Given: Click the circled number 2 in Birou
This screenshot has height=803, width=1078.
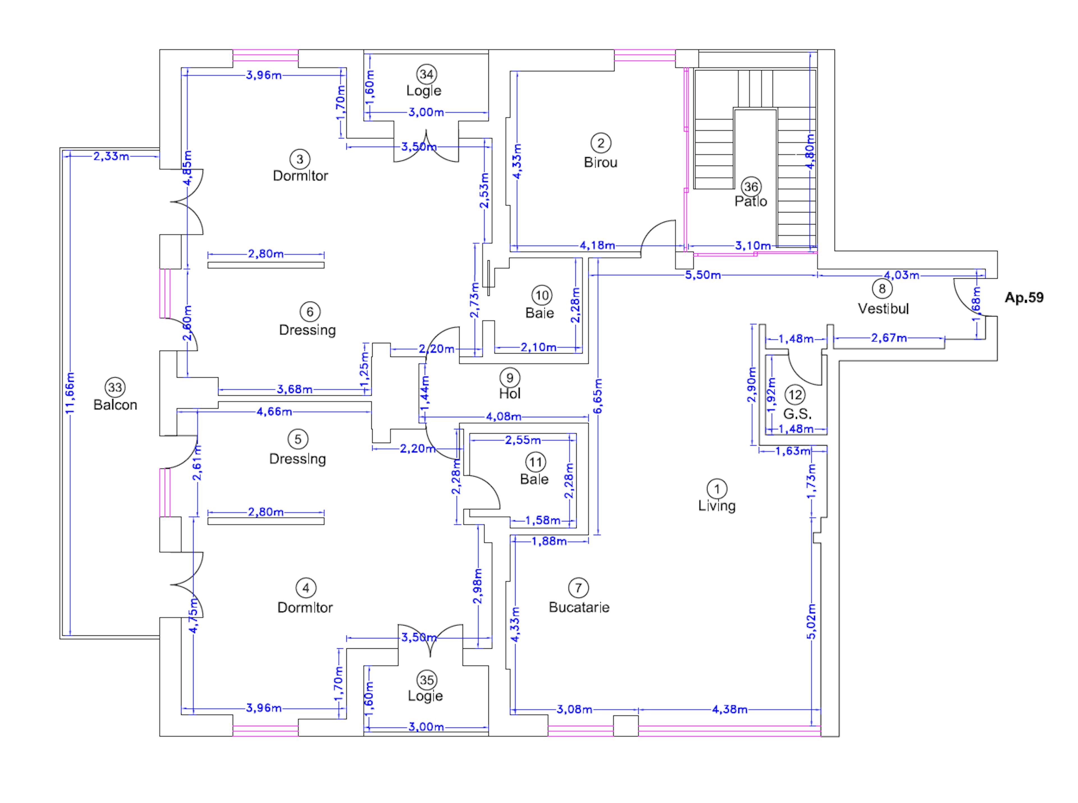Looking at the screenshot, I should (600, 143).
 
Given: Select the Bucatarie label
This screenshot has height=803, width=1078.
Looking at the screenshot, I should (579, 607).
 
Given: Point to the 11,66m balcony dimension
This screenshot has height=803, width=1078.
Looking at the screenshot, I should (70, 393).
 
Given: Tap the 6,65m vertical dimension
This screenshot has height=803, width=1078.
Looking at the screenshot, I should (598, 396).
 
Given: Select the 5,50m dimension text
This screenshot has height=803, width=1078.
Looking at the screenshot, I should (703, 276).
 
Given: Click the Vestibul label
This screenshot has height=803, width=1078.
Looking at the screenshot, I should (883, 309).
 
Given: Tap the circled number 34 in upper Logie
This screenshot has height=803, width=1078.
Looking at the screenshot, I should (426, 74).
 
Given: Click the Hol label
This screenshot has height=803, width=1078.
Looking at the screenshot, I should (510, 393).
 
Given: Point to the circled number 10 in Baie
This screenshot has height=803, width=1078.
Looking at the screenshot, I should (542, 295).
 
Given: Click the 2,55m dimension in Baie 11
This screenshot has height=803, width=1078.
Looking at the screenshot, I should (523, 440).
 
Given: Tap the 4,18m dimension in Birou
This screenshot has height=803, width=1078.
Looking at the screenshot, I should (597, 246).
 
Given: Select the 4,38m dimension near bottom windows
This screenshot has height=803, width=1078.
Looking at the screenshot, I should (729, 709).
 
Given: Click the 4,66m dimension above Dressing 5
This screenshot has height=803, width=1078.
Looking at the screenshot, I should (274, 412).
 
